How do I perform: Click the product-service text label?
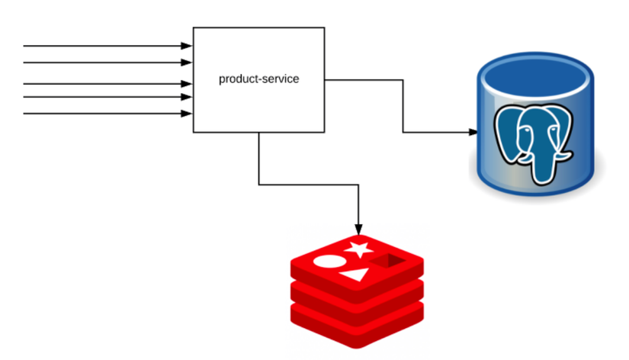[258, 79]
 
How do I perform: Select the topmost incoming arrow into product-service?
[107, 46]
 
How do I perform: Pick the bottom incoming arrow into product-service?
[107, 114]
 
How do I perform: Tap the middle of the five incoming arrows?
[107, 83]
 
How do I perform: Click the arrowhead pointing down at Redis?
[358, 229]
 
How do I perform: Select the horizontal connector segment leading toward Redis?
[309, 184]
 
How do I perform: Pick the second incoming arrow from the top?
[107, 63]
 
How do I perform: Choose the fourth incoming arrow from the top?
[107, 97]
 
